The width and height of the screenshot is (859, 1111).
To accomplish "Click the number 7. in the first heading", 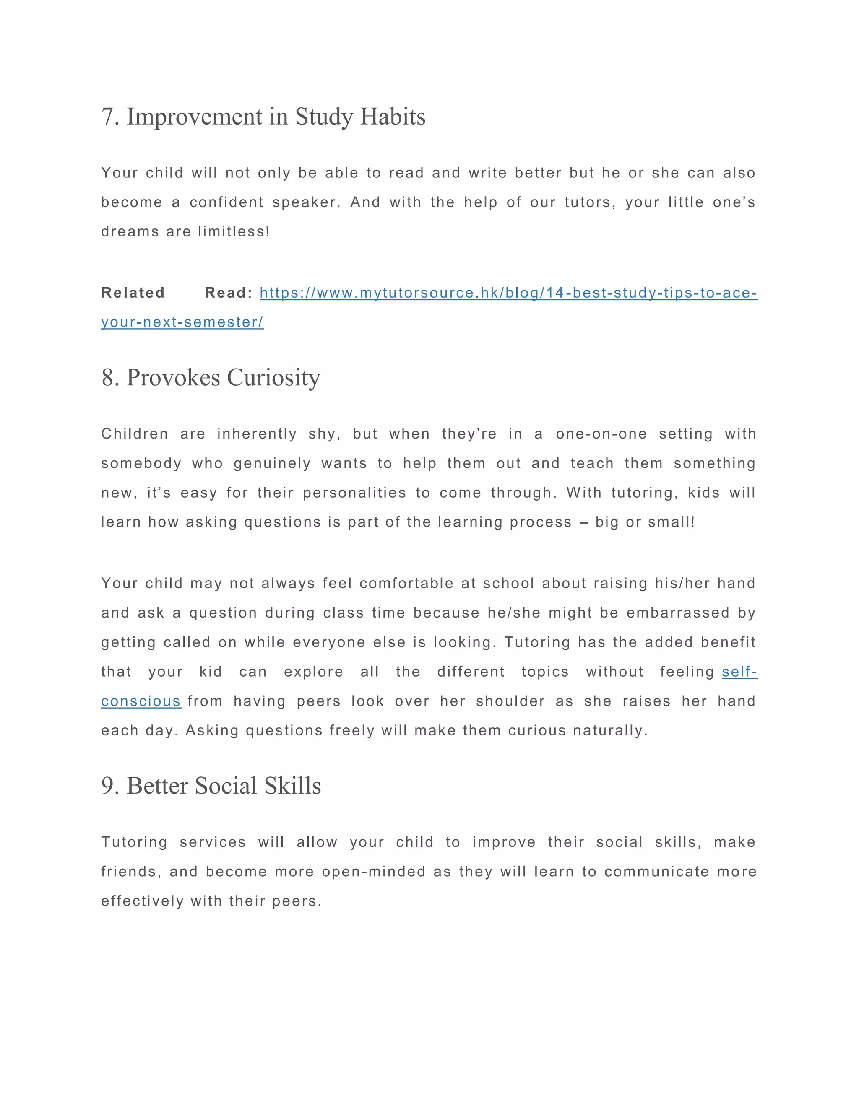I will pyautogui.click(x=110, y=117).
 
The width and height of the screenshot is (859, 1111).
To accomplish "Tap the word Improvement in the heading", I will pyautogui.click(x=194, y=117).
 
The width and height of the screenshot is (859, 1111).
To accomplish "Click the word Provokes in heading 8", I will pyautogui.click(x=173, y=378).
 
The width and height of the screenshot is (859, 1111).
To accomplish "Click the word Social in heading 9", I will pyautogui.click(x=226, y=786).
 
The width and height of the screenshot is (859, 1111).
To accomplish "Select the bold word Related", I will pyautogui.click(x=133, y=293).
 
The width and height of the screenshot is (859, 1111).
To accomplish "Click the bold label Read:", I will pyautogui.click(x=229, y=293).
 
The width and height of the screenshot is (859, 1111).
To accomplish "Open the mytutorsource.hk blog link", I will pyautogui.click(x=508, y=293).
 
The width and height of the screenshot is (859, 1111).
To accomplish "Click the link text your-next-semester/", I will pyautogui.click(x=182, y=322).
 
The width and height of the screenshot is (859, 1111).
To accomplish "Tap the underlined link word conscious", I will pyautogui.click(x=141, y=701).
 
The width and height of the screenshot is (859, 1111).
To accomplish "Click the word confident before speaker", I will pyautogui.click(x=226, y=202).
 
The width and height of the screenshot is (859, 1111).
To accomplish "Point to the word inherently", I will pyautogui.click(x=257, y=434).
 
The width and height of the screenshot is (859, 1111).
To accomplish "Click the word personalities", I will pyautogui.click(x=354, y=493).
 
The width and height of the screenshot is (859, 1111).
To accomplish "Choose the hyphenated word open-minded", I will pyautogui.click(x=374, y=872).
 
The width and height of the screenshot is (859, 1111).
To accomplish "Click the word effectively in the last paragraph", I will pyautogui.click(x=142, y=901).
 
